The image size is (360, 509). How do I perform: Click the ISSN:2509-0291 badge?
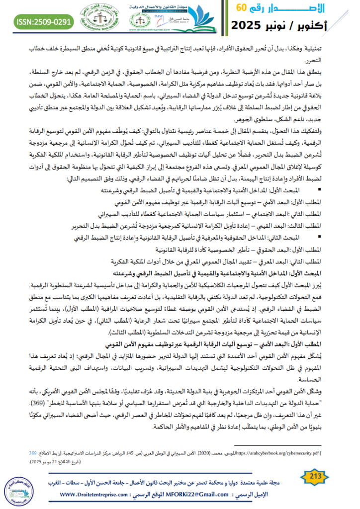(x=38, y=22)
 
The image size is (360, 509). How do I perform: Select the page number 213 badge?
(x=317, y=477)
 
